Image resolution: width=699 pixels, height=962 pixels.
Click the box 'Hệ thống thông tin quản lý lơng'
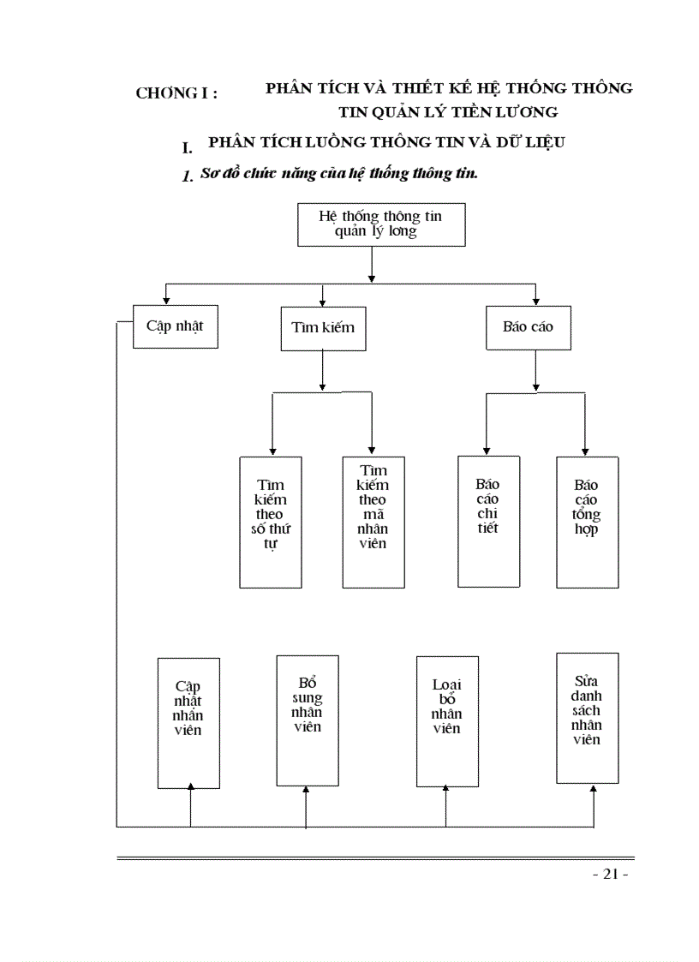[380, 225]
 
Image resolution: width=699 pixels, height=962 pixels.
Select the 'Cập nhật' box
[176, 326]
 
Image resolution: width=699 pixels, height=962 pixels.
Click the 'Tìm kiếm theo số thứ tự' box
[270, 522]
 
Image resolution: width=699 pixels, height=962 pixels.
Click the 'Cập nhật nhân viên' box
[188, 722]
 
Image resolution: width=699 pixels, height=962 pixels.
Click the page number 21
[611, 874]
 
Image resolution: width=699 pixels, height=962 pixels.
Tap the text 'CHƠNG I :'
[176, 93]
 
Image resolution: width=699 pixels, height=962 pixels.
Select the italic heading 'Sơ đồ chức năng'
[257, 173]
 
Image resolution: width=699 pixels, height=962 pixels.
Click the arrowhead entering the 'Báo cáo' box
[535, 300]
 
